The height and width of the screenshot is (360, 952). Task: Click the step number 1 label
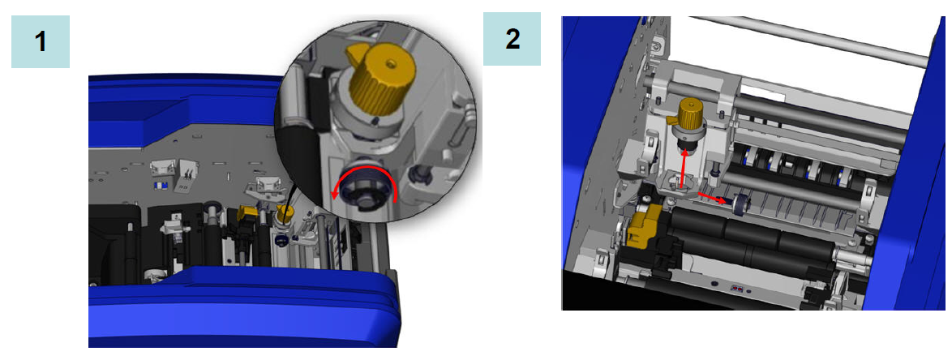click(x=41, y=41)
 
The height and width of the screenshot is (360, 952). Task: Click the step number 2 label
click(x=512, y=40)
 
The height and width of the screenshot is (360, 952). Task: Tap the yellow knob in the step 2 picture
click(x=687, y=114)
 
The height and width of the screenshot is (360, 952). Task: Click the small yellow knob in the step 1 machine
click(x=284, y=212)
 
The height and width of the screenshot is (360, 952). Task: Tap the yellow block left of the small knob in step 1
click(x=249, y=213)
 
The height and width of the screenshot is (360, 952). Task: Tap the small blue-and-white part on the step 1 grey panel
click(x=161, y=185)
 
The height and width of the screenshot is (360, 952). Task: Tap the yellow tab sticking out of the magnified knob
click(x=358, y=52)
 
